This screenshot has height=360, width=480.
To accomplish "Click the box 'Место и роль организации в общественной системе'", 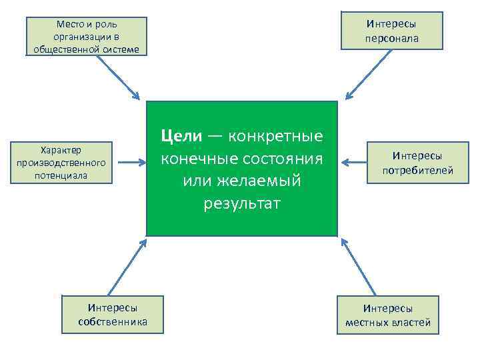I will tap(86, 36).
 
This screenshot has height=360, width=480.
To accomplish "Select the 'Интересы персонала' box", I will tap(391, 31).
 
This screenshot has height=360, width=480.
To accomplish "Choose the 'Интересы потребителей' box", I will tap(417, 163).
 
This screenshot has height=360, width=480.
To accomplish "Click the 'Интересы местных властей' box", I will tap(388, 315).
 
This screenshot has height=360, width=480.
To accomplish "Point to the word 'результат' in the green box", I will tap(242, 203).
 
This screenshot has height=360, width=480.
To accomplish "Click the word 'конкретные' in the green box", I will tap(275, 136).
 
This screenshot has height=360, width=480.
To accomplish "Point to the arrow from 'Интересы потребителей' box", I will tap(355, 162).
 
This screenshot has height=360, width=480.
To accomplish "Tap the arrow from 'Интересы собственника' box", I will tap(127, 267).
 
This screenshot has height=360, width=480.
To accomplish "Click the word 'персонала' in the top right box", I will tap(391, 38).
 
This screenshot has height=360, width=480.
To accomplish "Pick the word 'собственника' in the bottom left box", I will tap(113, 323).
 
